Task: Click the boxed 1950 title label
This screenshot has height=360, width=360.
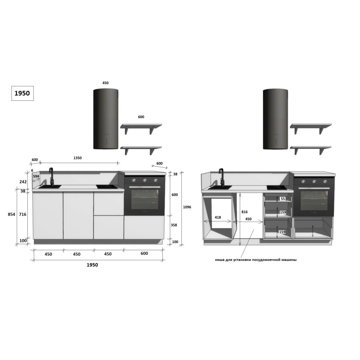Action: pyautogui.click(x=22, y=93)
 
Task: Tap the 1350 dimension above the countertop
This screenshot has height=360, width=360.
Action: pyautogui.click(x=77, y=158)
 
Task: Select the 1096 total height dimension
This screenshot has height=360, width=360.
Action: pyautogui.click(x=187, y=207)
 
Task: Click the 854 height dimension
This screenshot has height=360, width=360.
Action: pyautogui.click(x=12, y=214)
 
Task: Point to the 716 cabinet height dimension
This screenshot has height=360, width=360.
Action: pyautogui.click(x=22, y=214)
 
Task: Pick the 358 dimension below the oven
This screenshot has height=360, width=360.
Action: pyautogui.click(x=174, y=225)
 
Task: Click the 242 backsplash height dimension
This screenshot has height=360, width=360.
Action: pyautogui.click(x=23, y=181)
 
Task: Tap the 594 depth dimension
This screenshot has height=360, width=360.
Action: pyautogui.click(x=36, y=176)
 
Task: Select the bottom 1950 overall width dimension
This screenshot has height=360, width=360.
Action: pyautogui.click(x=92, y=265)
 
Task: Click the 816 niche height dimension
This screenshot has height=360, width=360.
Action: pyautogui.click(x=244, y=212)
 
